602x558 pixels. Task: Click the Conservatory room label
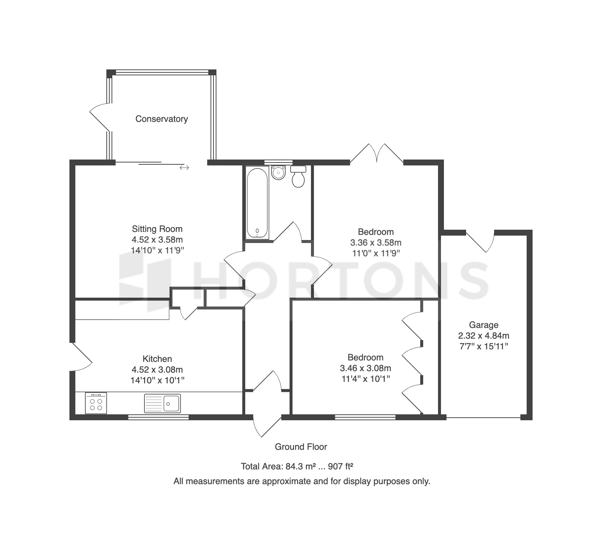coord(161,119)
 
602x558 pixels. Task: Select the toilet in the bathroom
coord(298,176)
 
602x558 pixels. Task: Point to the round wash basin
coord(278,172)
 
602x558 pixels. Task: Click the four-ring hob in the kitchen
coord(96,403)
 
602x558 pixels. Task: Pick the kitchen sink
coord(163,403)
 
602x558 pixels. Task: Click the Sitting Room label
coord(157,229)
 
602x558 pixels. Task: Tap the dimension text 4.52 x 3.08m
coord(157,370)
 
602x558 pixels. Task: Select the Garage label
coord(483,325)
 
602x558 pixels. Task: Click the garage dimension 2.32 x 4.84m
coord(483,336)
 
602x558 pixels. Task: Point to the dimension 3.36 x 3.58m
coord(376,243)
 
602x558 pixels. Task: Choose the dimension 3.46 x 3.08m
coord(365,368)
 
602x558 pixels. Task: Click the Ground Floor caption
coord(301,447)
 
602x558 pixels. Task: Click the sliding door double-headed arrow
coord(184,168)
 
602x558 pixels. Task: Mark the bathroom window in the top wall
coord(278,162)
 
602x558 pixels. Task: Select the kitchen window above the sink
coord(158,417)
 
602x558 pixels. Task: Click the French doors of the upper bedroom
coord(376,153)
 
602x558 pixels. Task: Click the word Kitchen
coord(157,359)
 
